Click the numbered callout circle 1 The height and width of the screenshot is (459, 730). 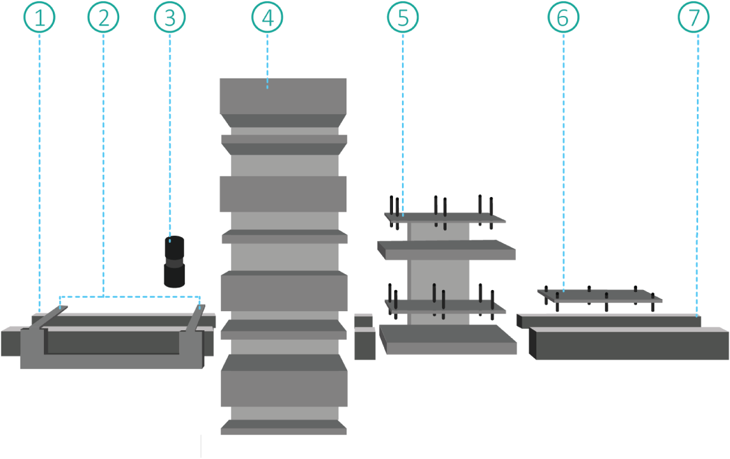point(39,18)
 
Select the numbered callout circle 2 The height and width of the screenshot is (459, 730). point(103,18)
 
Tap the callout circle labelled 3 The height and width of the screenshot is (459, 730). point(169,18)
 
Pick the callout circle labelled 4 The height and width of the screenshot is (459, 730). point(267,18)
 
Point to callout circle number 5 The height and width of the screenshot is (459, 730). point(403,18)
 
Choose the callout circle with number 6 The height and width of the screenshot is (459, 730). point(563,18)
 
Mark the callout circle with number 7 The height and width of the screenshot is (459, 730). point(693,18)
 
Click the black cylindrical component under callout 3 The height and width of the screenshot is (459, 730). point(175,261)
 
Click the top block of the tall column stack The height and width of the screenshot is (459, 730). point(283,96)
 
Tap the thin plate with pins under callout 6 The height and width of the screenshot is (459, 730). point(599,296)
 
